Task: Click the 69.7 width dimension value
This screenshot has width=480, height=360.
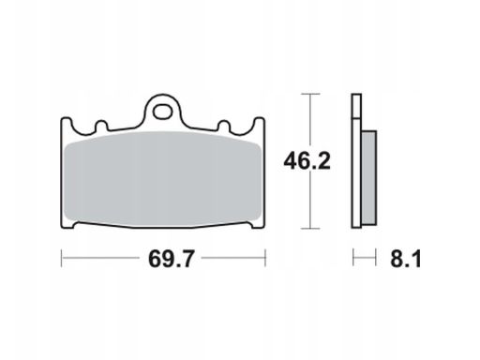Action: click(172, 259)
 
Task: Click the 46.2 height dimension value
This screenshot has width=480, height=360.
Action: click(307, 161)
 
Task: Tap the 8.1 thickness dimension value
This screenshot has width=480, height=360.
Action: click(405, 259)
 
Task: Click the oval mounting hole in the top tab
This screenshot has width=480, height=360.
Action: click(162, 112)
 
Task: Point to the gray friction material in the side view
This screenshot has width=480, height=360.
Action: click(369, 178)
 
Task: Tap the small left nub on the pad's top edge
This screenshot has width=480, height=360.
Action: click(101, 126)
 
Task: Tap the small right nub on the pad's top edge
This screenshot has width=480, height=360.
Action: click(224, 126)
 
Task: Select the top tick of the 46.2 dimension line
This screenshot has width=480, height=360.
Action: click(310, 94)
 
